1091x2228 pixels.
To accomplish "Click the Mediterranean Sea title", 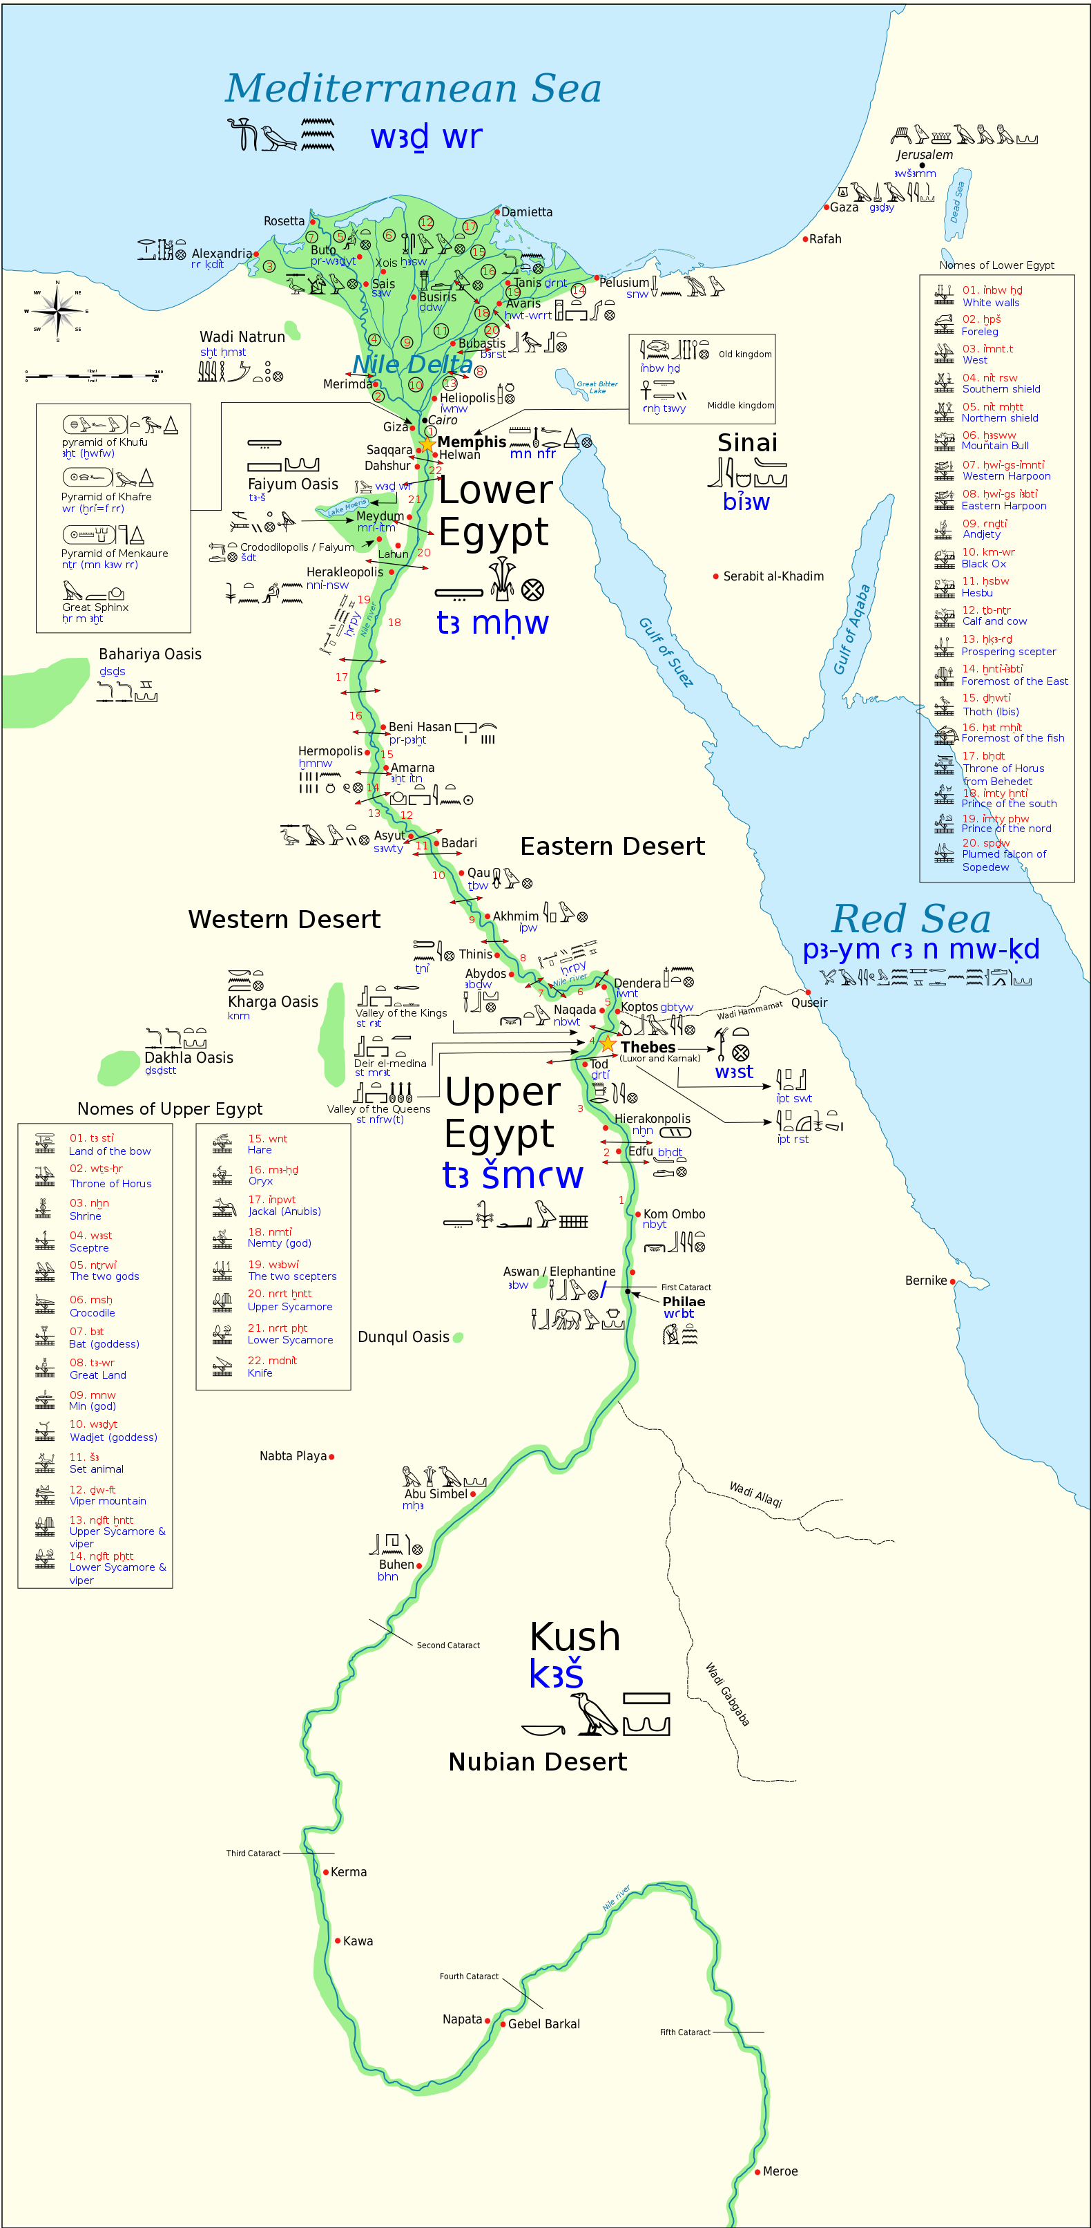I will [413, 88].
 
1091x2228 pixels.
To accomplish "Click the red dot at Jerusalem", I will [923, 165].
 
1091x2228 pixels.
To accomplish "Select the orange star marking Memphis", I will [427, 444].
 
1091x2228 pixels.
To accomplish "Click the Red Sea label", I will [910, 918].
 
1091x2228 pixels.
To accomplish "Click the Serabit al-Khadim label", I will [773, 576].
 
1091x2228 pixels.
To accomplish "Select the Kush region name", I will [575, 1636].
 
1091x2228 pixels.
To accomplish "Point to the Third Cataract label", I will [253, 1853].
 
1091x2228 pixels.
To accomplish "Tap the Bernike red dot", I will [953, 1281].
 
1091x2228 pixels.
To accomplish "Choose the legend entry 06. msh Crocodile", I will [92, 1306].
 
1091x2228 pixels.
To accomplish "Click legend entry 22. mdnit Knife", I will [271, 1366].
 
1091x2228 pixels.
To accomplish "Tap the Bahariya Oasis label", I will [150, 654].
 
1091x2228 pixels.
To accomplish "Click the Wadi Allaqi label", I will [755, 1493].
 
